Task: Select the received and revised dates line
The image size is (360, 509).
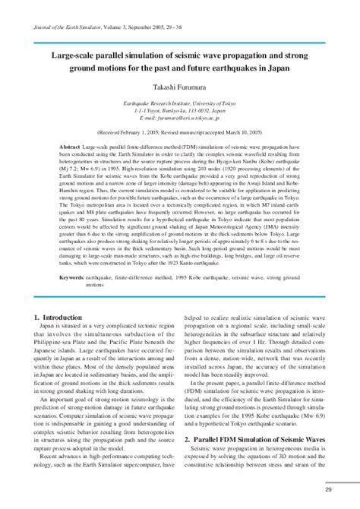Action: pyautogui.click(x=179, y=131)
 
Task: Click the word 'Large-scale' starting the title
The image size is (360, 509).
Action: pyautogui.click(x=71, y=55)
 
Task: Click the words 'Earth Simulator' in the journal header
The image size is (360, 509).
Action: pyautogui.click(x=90, y=27)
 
